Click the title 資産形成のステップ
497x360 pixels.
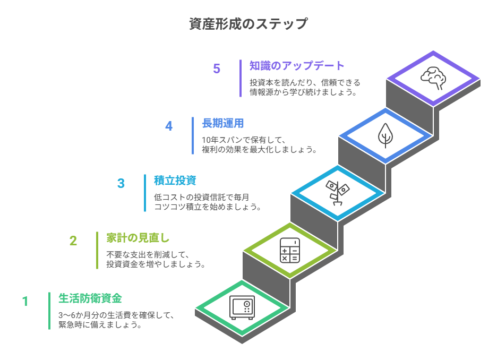click(248, 24)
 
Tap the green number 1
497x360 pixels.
click(25, 302)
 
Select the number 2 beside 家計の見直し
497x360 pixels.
click(73, 241)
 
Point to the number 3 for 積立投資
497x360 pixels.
click(121, 184)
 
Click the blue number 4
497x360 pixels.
click(169, 126)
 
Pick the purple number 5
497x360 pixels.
click(217, 69)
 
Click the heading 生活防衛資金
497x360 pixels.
click(90, 298)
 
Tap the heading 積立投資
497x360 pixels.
click(175, 181)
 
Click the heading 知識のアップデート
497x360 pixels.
click(297, 66)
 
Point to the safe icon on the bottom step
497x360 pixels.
click(242, 307)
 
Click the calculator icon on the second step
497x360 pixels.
click(289, 250)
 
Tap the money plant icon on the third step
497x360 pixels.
click(337, 192)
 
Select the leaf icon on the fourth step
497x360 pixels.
click(385, 135)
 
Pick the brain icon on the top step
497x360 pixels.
click(433, 78)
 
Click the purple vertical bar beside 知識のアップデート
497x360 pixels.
click(241, 78)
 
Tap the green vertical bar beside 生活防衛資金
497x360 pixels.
click(49, 311)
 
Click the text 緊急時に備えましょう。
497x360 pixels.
click(100, 325)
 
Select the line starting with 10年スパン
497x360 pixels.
click(244, 140)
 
